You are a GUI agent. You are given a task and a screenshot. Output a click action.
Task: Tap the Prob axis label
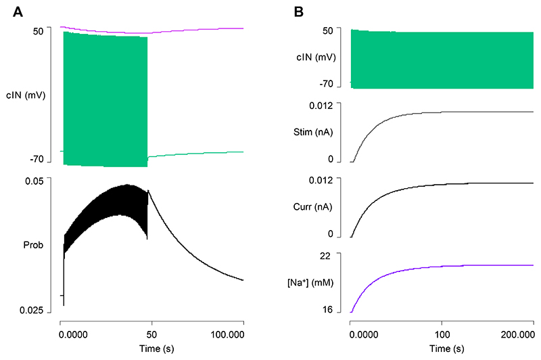33,245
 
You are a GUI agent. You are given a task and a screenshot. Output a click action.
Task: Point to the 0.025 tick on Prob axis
31,310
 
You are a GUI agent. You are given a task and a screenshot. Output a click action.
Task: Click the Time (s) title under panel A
151,348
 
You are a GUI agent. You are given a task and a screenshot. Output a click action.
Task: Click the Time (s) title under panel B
442,348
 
